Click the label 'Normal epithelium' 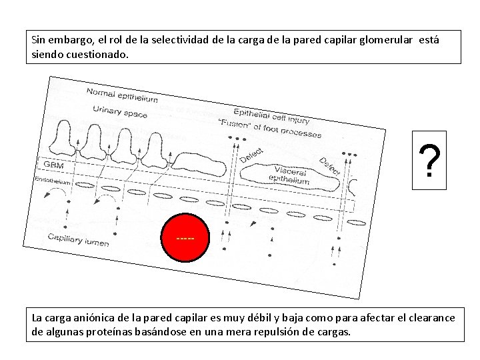[x=123, y=95]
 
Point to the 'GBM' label [x=54, y=164]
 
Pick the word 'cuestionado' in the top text [x=93, y=54]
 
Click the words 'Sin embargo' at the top [x=58, y=41]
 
